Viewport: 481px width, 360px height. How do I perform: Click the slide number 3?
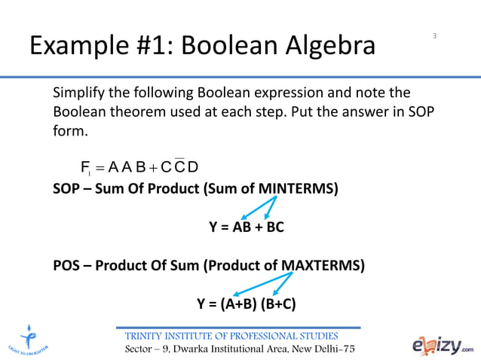[435, 35]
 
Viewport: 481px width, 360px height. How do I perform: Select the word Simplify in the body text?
[81, 93]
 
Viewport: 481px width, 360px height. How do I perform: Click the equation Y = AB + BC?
[246, 226]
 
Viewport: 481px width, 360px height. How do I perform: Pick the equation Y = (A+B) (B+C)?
[246, 304]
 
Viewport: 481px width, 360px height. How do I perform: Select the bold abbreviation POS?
[67, 265]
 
